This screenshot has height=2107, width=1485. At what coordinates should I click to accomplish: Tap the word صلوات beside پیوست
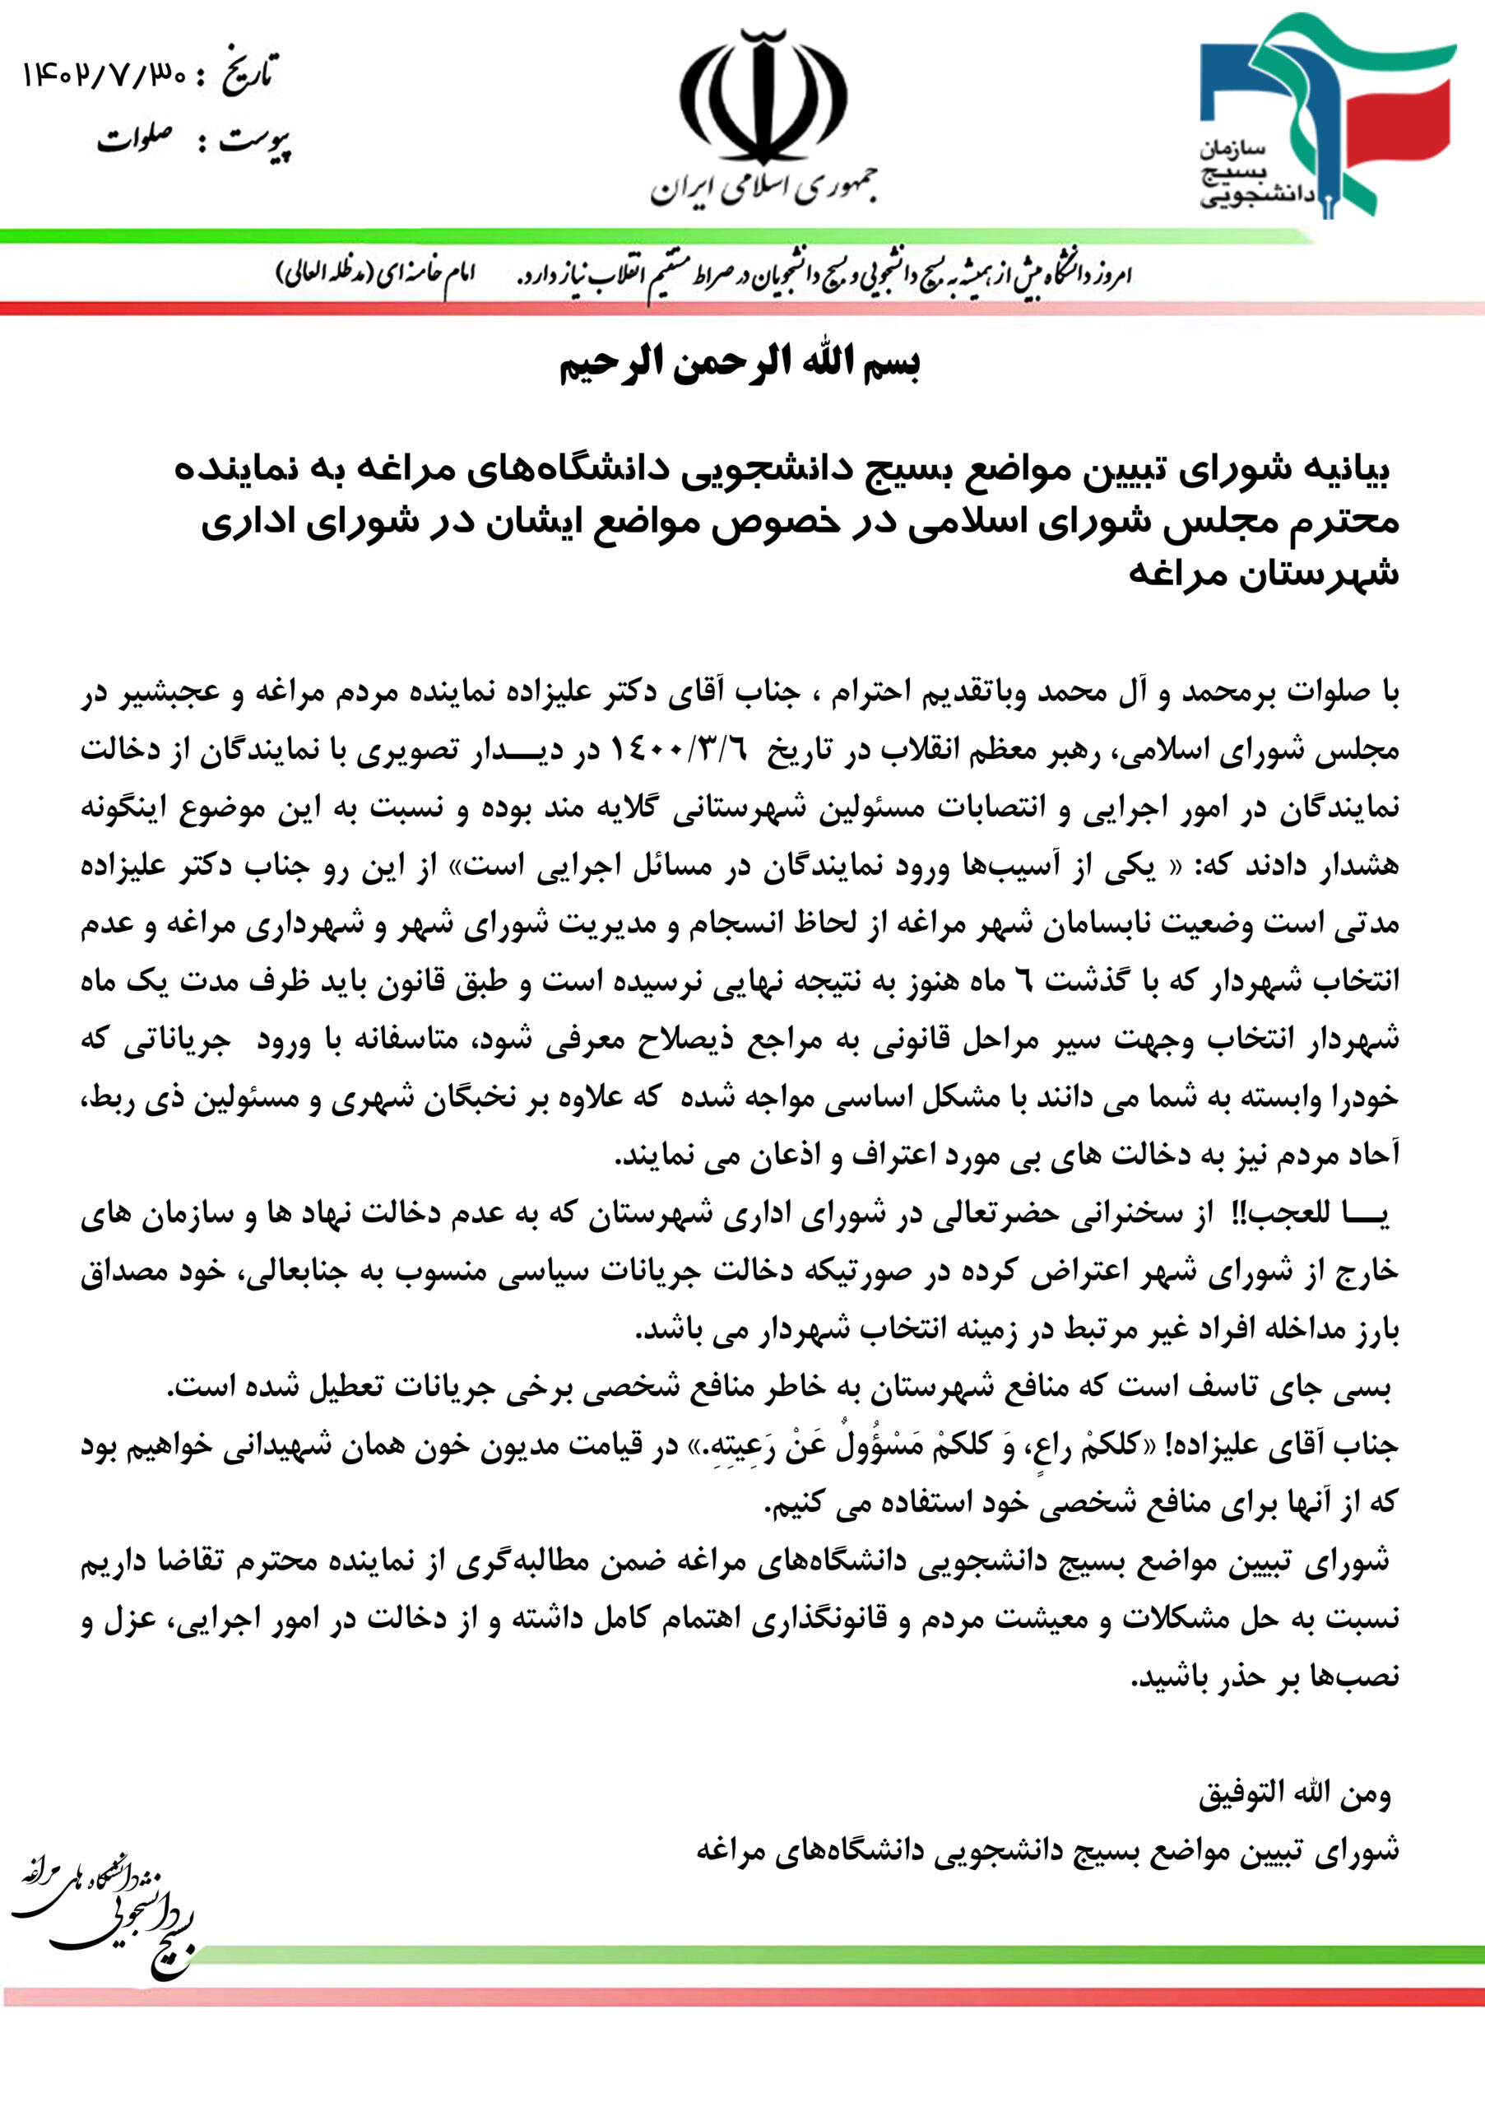pyautogui.click(x=136, y=141)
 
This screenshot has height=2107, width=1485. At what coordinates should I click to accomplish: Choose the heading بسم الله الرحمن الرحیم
pyautogui.click(x=740, y=365)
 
